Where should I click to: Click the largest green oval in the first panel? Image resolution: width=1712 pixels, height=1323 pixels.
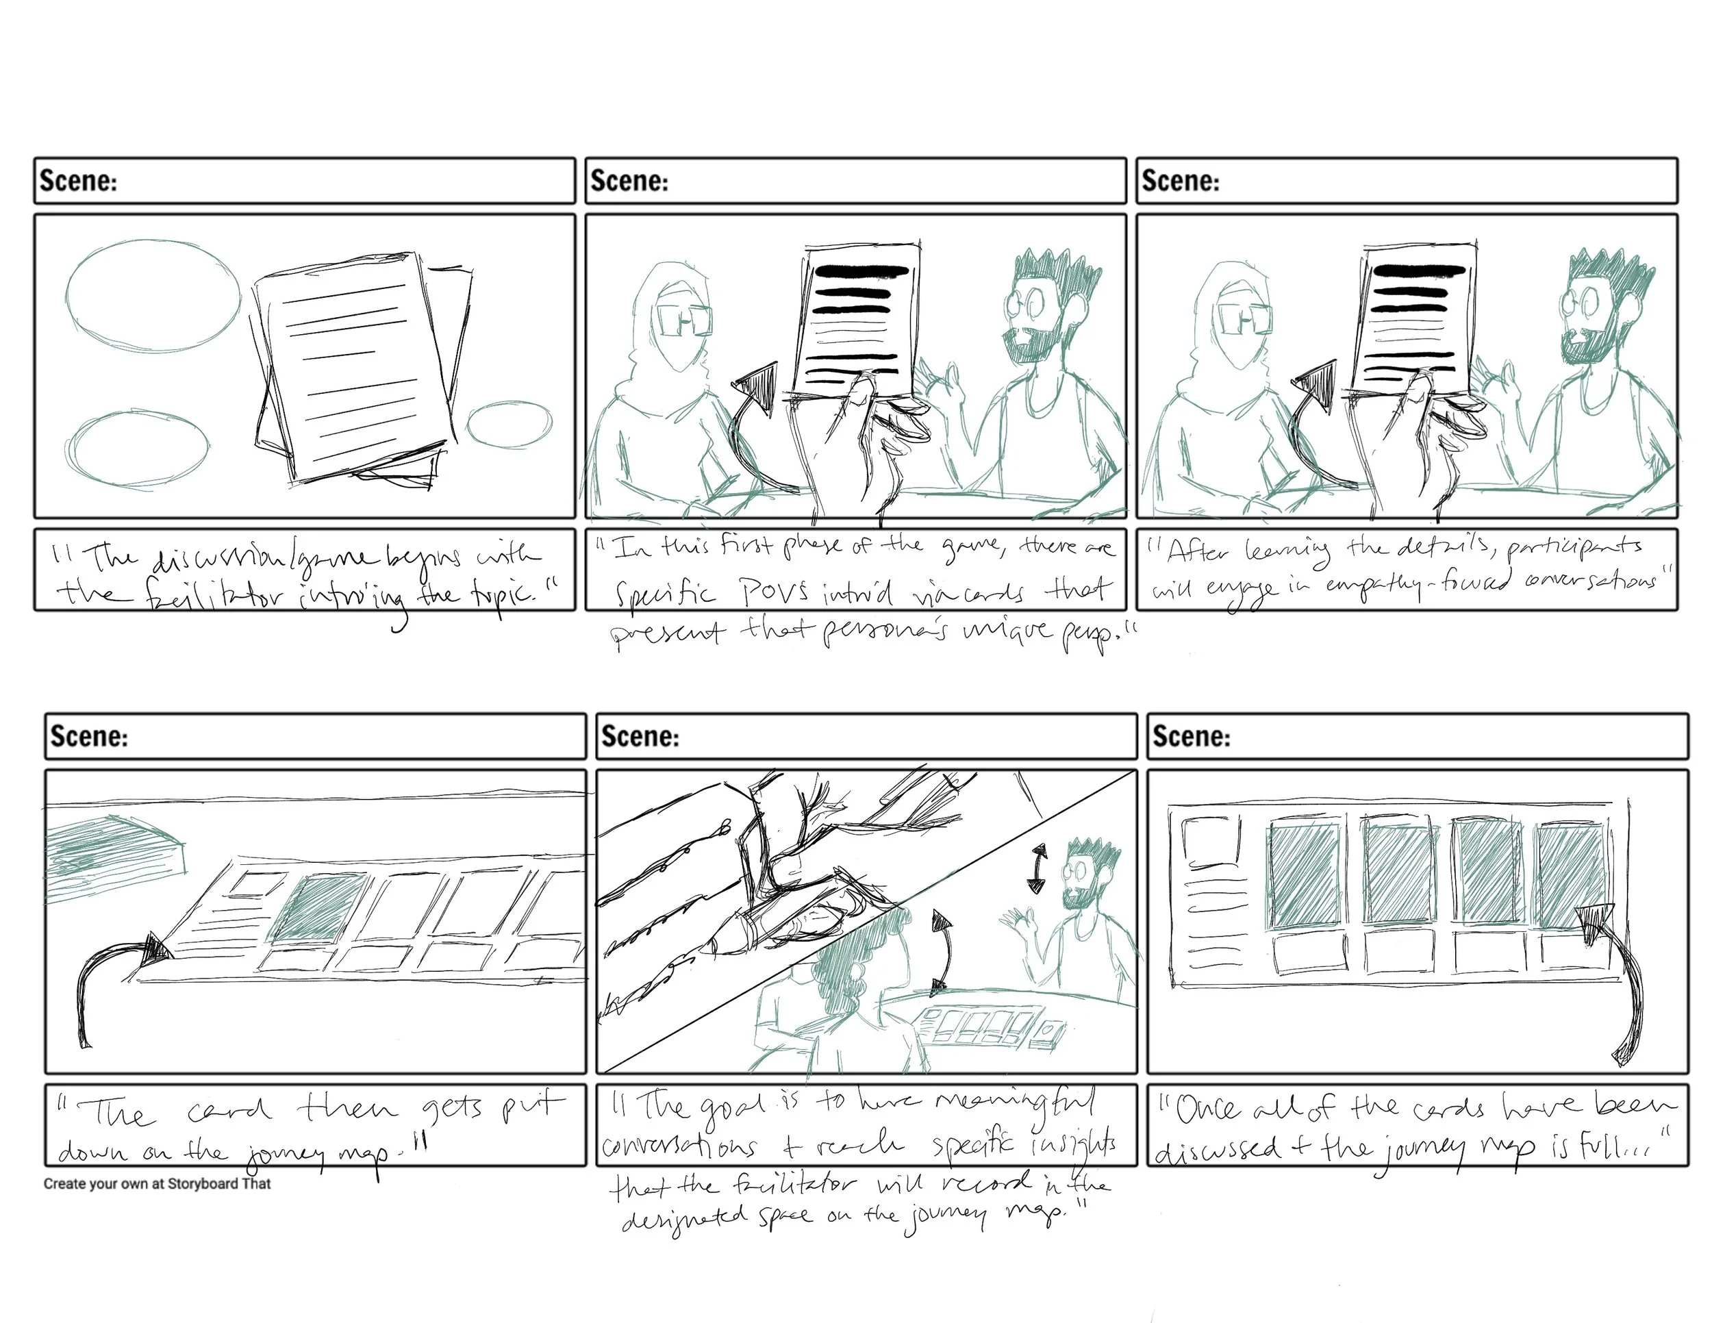click(x=152, y=294)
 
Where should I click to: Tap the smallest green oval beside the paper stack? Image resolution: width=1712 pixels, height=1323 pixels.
click(x=509, y=424)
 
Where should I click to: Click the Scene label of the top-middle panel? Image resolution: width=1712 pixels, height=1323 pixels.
click(x=629, y=181)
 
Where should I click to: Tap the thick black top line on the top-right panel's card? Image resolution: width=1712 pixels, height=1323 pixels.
click(x=1419, y=271)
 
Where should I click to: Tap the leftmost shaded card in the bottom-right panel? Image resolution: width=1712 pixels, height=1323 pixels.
click(x=1302, y=873)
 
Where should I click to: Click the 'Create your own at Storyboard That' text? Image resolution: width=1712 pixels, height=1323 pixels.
click(x=157, y=1183)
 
